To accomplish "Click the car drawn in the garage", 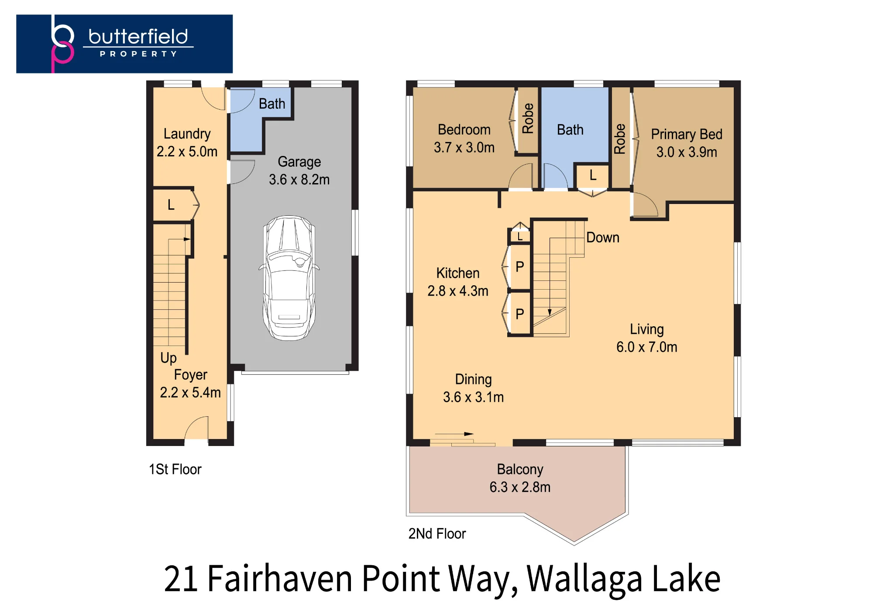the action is coord(289,278).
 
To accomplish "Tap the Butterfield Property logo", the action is coord(124,44).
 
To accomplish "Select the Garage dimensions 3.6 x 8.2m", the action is coord(299,180).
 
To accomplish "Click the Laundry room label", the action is coord(187,134).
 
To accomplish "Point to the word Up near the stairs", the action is coord(168,358).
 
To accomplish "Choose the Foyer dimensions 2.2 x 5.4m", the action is coord(190,393).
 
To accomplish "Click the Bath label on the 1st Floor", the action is coord(272,104).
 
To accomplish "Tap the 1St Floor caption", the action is coord(175,470).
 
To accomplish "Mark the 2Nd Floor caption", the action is coord(437,534).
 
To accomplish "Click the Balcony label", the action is coord(520,470).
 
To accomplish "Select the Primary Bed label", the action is coord(687,135).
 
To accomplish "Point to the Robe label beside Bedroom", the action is coord(528,118).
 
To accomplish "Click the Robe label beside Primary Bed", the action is coord(620,139).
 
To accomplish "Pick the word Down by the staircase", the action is coord(603,238).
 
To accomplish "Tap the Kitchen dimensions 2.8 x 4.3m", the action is coord(458,291).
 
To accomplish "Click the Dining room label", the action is coord(474,380).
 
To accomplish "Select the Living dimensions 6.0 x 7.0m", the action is coord(647,347).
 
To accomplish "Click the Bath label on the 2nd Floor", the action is coord(570,130).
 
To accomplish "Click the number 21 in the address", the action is coord(181,579).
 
